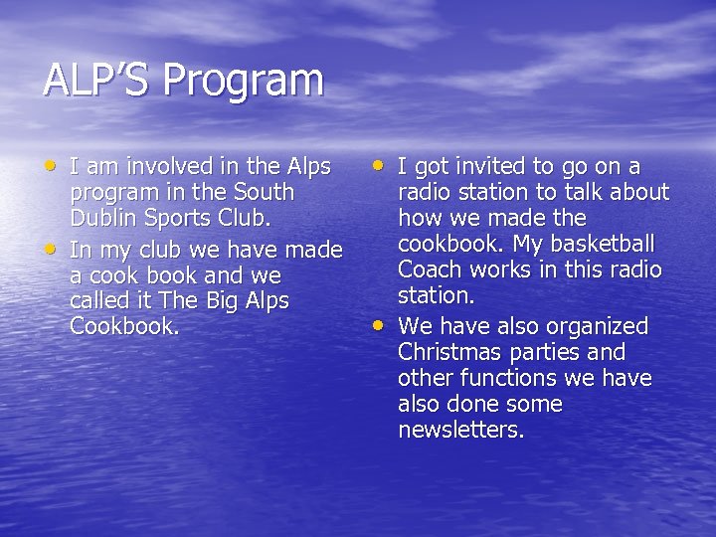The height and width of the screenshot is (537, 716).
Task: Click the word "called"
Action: click(x=99, y=300)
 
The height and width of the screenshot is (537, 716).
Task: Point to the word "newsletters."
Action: click(x=460, y=430)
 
